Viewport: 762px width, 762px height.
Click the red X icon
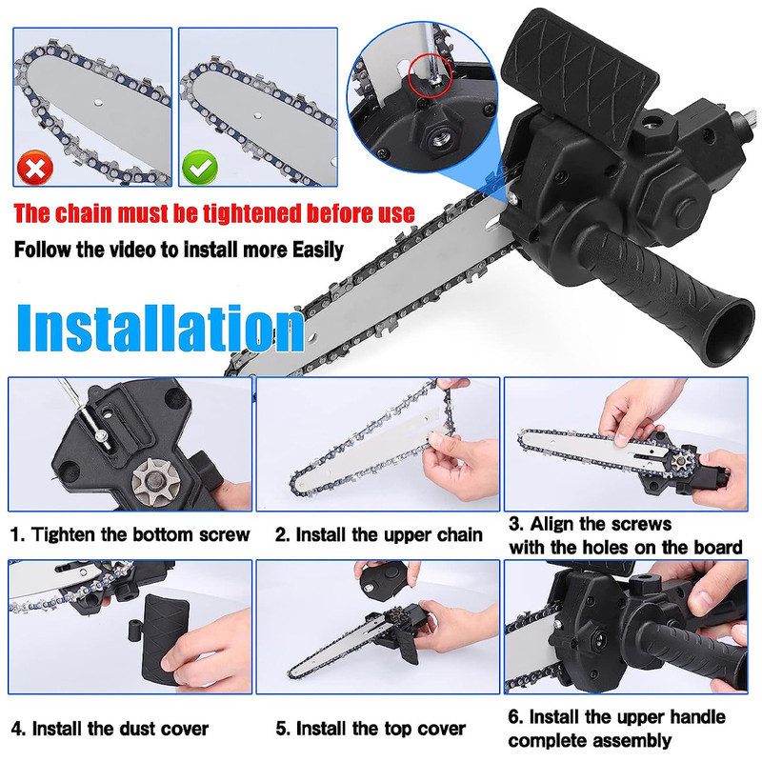pos(35,169)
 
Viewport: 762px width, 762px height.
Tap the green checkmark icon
pos(200,169)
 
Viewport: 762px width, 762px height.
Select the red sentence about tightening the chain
pos(214,212)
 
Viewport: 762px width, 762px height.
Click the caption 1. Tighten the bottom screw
pos(130,534)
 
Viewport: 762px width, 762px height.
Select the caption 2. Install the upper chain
pos(378,534)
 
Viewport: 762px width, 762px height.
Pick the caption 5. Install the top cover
pos(371,730)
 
